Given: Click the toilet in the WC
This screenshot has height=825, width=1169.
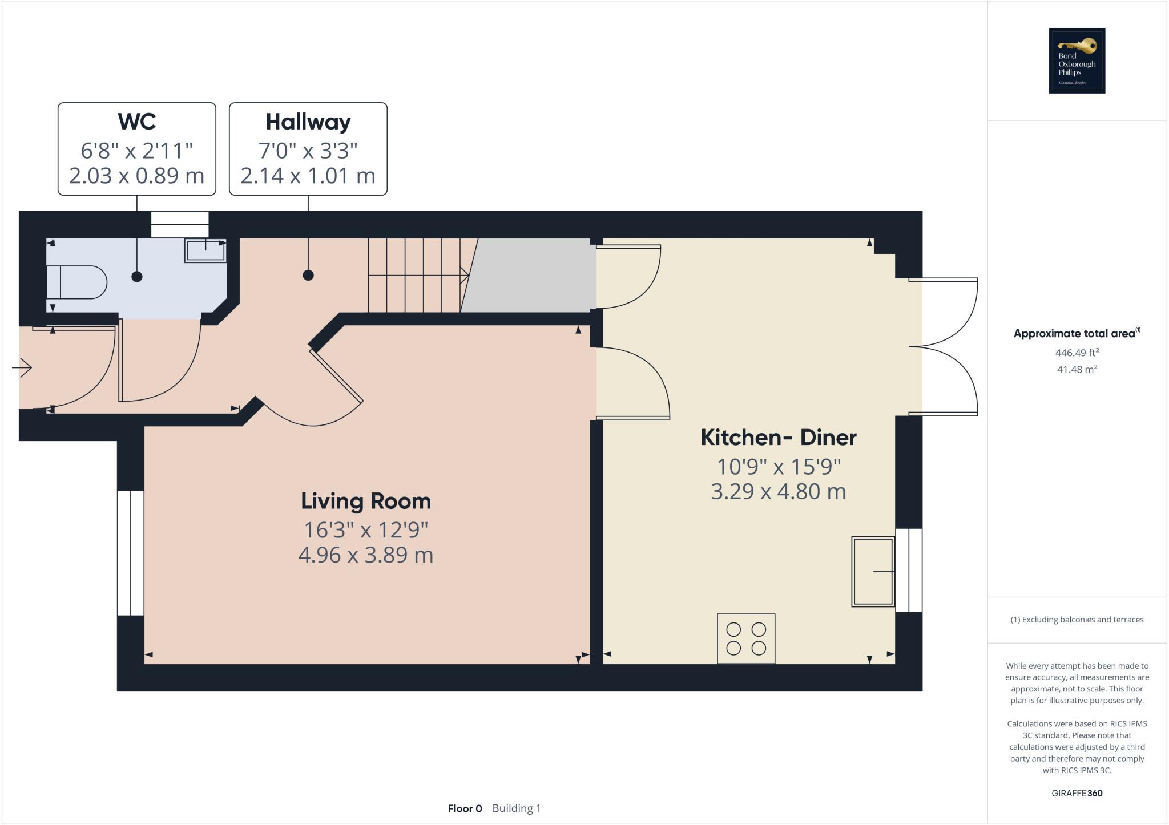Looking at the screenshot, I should (77, 282).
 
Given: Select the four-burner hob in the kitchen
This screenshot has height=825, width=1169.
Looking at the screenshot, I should (746, 638).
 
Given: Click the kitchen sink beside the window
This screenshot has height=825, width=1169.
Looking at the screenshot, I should (873, 571).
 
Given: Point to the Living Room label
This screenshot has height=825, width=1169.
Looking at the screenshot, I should (366, 501).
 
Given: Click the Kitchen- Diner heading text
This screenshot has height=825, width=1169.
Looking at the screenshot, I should (778, 438).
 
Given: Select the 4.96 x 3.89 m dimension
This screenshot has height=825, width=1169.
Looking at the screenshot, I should (366, 555).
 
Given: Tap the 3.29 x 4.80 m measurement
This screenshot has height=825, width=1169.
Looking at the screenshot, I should (778, 491).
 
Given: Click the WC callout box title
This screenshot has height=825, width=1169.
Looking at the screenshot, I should (137, 122).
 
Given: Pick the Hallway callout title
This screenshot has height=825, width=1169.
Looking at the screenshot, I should (308, 122).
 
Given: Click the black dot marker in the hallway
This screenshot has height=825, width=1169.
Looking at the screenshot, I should (308, 275).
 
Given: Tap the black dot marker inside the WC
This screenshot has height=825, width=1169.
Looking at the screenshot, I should (137, 276).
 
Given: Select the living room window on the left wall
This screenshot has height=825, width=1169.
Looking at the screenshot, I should (131, 552).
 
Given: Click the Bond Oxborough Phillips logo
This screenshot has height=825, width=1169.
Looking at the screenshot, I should (1077, 60).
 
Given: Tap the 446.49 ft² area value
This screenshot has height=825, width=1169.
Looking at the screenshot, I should (1077, 353).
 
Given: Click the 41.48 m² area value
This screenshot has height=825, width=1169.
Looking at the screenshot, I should (1077, 369).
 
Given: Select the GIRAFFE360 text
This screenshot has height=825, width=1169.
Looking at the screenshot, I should (1077, 793).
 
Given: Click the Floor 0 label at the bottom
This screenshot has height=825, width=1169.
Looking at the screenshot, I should (465, 808).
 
